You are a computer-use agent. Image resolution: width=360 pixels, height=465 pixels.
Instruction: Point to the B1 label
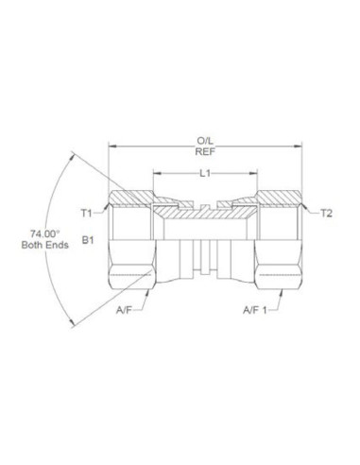coord(87,242)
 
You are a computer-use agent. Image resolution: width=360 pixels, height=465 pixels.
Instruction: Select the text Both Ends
coord(41,245)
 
